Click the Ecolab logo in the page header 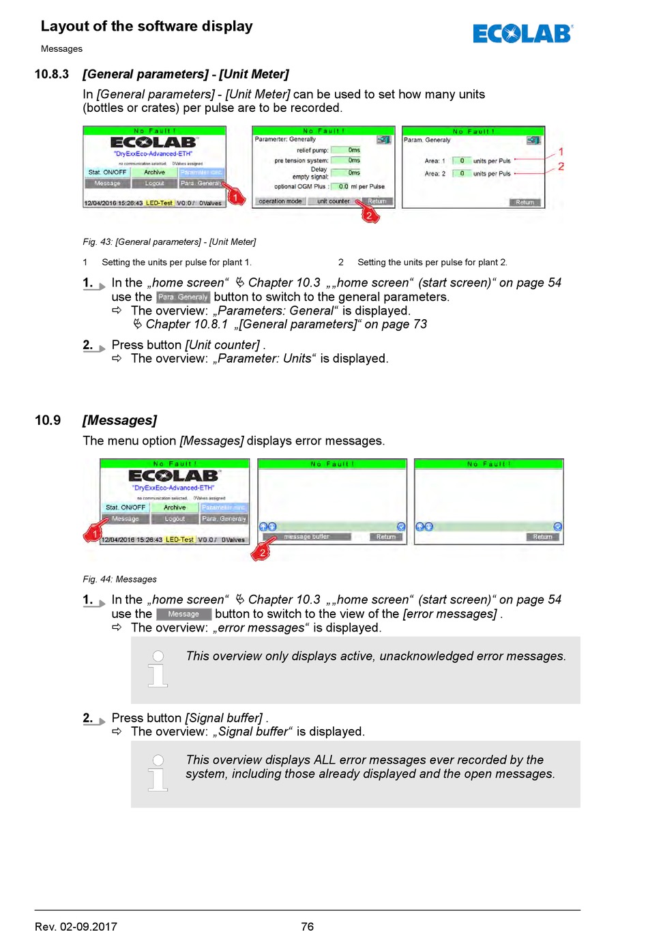tap(522, 33)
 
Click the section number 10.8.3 tap(52, 74)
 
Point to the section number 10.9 tap(48, 420)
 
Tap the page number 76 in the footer tap(308, 926)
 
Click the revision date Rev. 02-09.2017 tap(76, 926)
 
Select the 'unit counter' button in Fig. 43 tap(333, 201)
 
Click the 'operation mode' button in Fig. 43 tap(280, 201)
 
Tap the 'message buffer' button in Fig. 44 tap(306, 537)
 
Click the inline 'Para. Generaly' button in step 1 tap(183, 297)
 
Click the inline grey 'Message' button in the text tap(183, 614)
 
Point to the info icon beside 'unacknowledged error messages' tap(158, 668)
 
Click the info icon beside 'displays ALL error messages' tap(158, 773)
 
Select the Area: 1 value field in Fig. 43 tap(462, 161)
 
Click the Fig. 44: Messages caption tap(119, 579)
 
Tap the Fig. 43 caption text tap(169, 241)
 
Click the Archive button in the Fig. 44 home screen tap(175, 507)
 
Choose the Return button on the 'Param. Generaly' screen tap(525, 203)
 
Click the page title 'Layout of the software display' tap(147, 27)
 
